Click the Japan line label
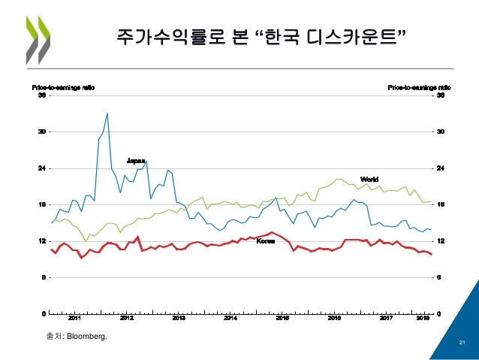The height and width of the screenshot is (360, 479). [x=136, y=160]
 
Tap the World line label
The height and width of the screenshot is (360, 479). [x=369, y=179]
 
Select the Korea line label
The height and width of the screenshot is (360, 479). [x=266, y=241]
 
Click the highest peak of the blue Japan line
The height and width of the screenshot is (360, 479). [x=107, y=113]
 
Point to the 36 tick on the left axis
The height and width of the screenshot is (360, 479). [x=42, y=95]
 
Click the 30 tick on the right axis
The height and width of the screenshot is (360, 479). [x=441, y=132]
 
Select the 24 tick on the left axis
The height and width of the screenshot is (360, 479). [x=42, y=168]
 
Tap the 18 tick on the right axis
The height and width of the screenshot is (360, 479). [x=441, y=204]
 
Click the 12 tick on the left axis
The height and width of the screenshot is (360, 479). [x=42, y=241]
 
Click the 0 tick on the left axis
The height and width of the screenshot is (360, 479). [x=44, y=313]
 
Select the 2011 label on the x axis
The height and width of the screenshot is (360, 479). [x=76, y=319]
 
